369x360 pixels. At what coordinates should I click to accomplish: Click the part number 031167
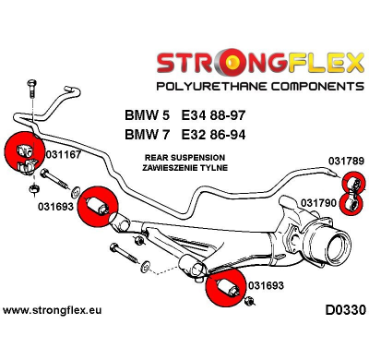62,156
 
